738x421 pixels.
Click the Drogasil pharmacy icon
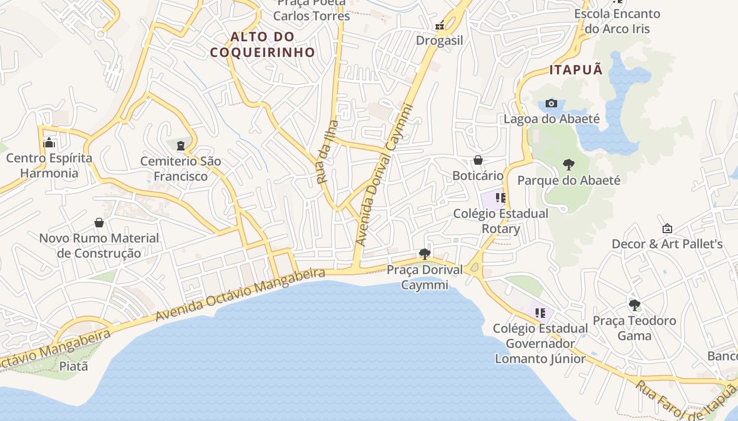pyautogui.click(x=439, y=25)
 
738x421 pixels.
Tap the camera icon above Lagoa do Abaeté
pyautogui.click(x=551, y=103)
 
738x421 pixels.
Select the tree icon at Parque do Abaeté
pyautogui.click(x=568, y=165)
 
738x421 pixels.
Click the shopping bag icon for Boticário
pyautogui.click(x=478, y=160)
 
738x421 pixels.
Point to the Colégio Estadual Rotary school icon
pyautogui.click(x=500, y=198)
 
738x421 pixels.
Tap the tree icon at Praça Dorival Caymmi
pyautogui.click(x=424, y=254)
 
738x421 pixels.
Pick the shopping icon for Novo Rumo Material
pyautogui.click(x=99, y=223)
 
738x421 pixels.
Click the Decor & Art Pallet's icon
pyautogui.click(x=667, y=228)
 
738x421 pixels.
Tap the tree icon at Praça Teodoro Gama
pyautogui.click(x=635, y=305)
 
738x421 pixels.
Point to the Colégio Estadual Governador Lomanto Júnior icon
pyautogui.click(x=540, y=313)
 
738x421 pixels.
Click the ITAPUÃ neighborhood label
pyautogui.click(x=576, y=70)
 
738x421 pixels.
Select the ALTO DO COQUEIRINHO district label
pyautogui.click(x=263, y=44)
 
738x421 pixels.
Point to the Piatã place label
pyautogui.click(x=73, y=366)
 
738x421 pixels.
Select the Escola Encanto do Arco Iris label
pyautogui.click(x=617, y=21)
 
